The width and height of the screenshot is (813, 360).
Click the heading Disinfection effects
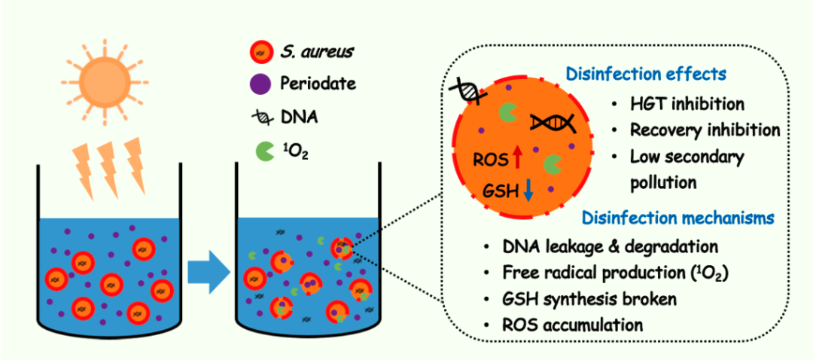[x=646, y=75]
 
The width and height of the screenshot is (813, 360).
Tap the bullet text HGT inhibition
[x=687, y=103]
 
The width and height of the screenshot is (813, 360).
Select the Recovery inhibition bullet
[x=705, y=130]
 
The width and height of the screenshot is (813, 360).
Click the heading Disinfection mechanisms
[x=677, y=218]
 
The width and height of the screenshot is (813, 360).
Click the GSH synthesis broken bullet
[x=589, y=298]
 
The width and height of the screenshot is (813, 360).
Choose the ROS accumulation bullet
[x=573, y=325]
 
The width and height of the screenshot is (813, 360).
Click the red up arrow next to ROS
[x=517, y=157]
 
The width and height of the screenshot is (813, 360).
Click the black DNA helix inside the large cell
[x=553, y=122]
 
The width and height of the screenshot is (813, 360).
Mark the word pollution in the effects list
[x=662, y=182]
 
